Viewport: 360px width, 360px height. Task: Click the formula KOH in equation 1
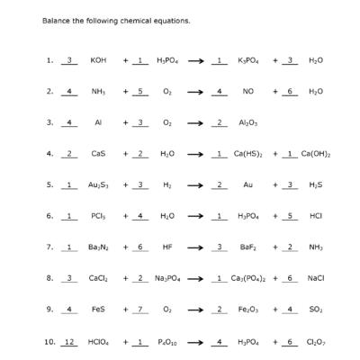tap(98, 60)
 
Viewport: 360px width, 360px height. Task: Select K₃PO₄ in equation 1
tap(247, 60)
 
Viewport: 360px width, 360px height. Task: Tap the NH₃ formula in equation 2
tap(98, 91)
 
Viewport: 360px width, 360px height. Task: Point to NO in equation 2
tap(247, 91)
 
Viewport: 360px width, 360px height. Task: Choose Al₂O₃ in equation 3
tap(247, 121)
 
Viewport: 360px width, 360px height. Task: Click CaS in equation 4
tap(98, 154)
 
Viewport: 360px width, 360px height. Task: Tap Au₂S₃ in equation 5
tap(98, 184)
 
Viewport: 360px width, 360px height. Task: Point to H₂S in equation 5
tap(314, 184)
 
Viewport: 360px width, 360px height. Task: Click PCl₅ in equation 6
tap(98, 216)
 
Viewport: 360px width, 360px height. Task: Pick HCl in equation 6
tap(314, 216)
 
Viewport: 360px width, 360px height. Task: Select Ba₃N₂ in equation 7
tap(98, 247)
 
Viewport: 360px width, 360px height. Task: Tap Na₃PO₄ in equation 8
tap(170, 278)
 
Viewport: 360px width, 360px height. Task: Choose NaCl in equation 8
tap(314, 278)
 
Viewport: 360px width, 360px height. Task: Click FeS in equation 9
tap(98, 310)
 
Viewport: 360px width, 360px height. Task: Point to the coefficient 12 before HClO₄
tap(70, 341)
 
